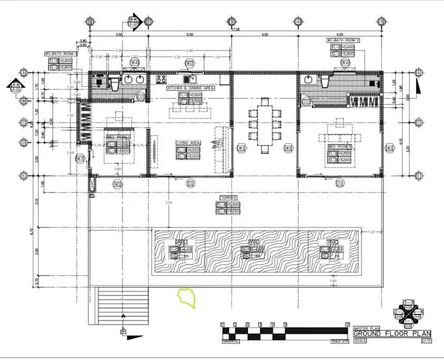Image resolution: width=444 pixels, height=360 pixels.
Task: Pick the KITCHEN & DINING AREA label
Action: click(x=190, y=89)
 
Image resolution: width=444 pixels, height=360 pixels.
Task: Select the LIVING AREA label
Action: click(x=188, y=143)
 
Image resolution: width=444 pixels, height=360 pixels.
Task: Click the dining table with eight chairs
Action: click(x=263, y=123)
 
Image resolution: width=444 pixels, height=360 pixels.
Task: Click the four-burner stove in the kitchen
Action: click(x=160, y=79)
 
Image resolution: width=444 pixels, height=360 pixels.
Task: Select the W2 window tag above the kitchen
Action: click(x=189, y=63)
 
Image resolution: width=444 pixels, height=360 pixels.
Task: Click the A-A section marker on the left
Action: click(x=15, y=85)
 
